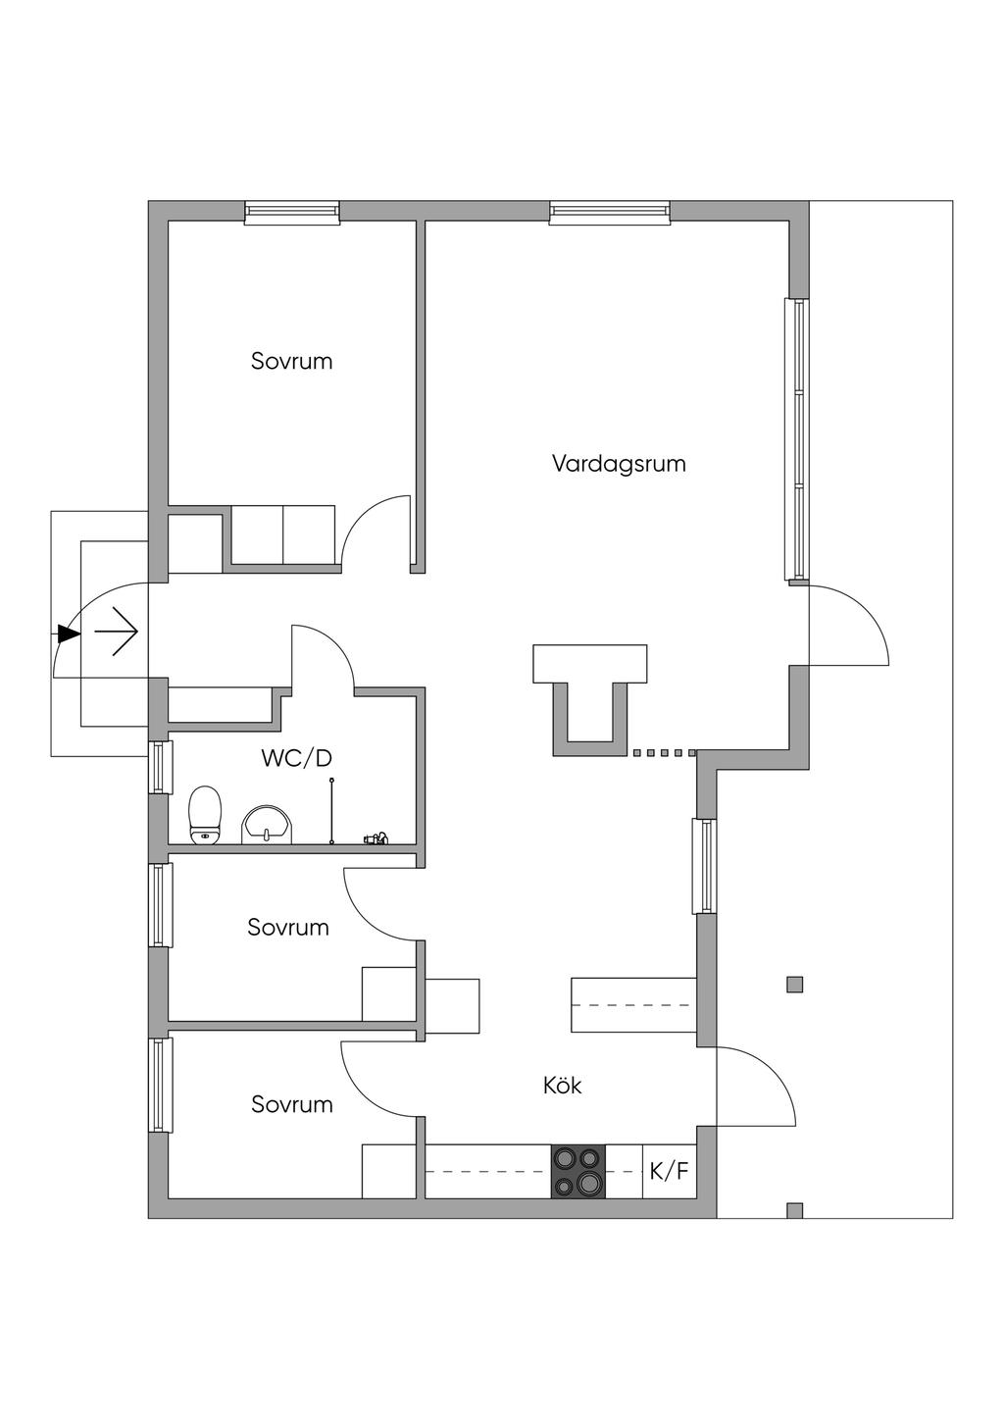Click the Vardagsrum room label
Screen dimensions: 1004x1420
(x=619, y=464)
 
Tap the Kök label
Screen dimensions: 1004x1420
(x=562, y=1085)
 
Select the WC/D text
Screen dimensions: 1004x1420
(x=297, y=757)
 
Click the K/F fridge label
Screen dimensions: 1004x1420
(x=670, y=1171)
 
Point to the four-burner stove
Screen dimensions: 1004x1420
(x=577, y=1171)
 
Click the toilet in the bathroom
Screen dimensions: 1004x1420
(x=205, y=815)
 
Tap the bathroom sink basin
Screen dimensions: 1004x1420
(x=268, y=825)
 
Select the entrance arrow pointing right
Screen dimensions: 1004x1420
(x=116, y=632)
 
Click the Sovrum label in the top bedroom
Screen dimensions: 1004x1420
(x=291, y=361)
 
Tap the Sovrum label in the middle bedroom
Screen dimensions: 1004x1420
(x=288, y=928)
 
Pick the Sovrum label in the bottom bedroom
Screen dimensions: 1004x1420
(x=291, y=1104)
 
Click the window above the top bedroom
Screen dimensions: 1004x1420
(x=292, y=213)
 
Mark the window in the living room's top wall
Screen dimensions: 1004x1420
(x=610, y=213)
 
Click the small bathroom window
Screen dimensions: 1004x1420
(x=160, y=767)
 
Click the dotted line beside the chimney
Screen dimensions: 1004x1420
(x=665, y=753)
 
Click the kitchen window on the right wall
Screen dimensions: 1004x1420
(x=704, y=867)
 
